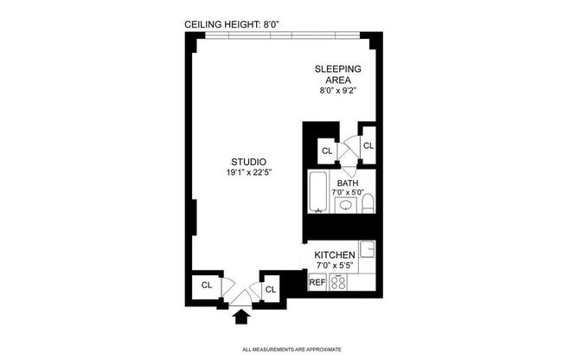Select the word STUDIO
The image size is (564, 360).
click(x=247, y=162)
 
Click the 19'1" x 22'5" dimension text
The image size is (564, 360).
click(x=247, y=173)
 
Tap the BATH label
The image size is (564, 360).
click(x=347, y=183)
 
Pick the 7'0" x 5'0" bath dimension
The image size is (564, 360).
click(x=347, y=192)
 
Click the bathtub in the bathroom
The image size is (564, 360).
click(x=317, y=195)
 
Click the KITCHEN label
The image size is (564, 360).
click(x=335, y=254)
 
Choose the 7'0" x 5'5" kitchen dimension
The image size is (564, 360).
click(x=335, y=265)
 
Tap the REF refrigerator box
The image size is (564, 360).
click(x=317, y=282)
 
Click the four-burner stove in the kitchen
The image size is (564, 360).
click(x=340, y=282)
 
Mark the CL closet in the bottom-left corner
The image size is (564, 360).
click(x=207, y=285)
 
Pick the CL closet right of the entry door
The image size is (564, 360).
click(x=270, y=289)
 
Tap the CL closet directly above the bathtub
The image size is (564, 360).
click(x=327, y=151)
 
